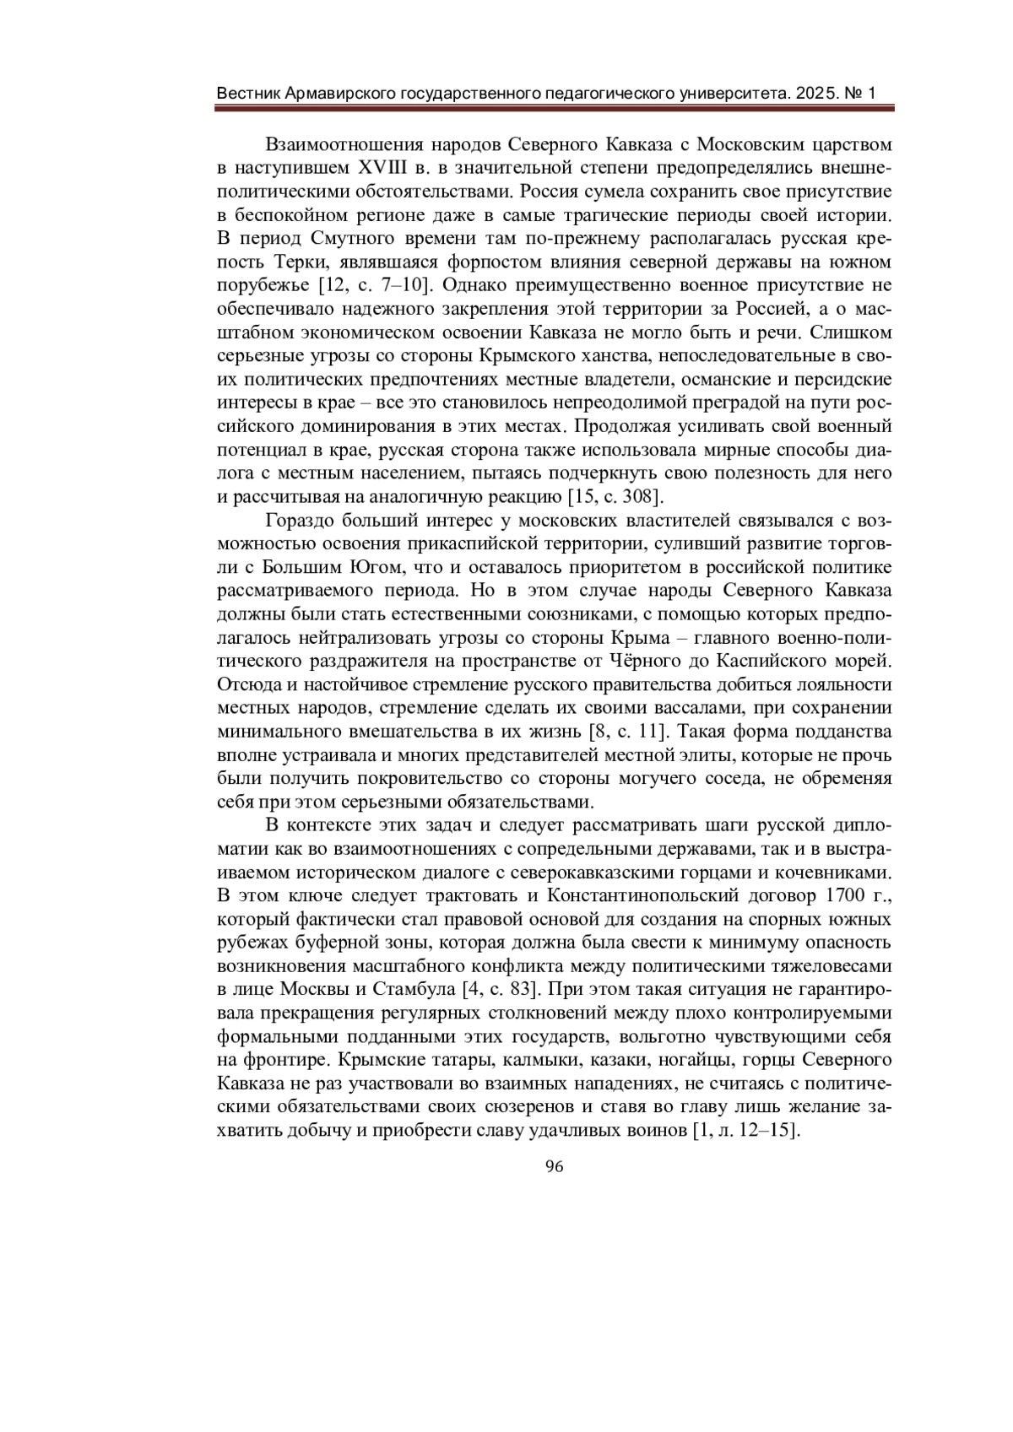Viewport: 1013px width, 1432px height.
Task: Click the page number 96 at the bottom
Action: (x=555, y=1167)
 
